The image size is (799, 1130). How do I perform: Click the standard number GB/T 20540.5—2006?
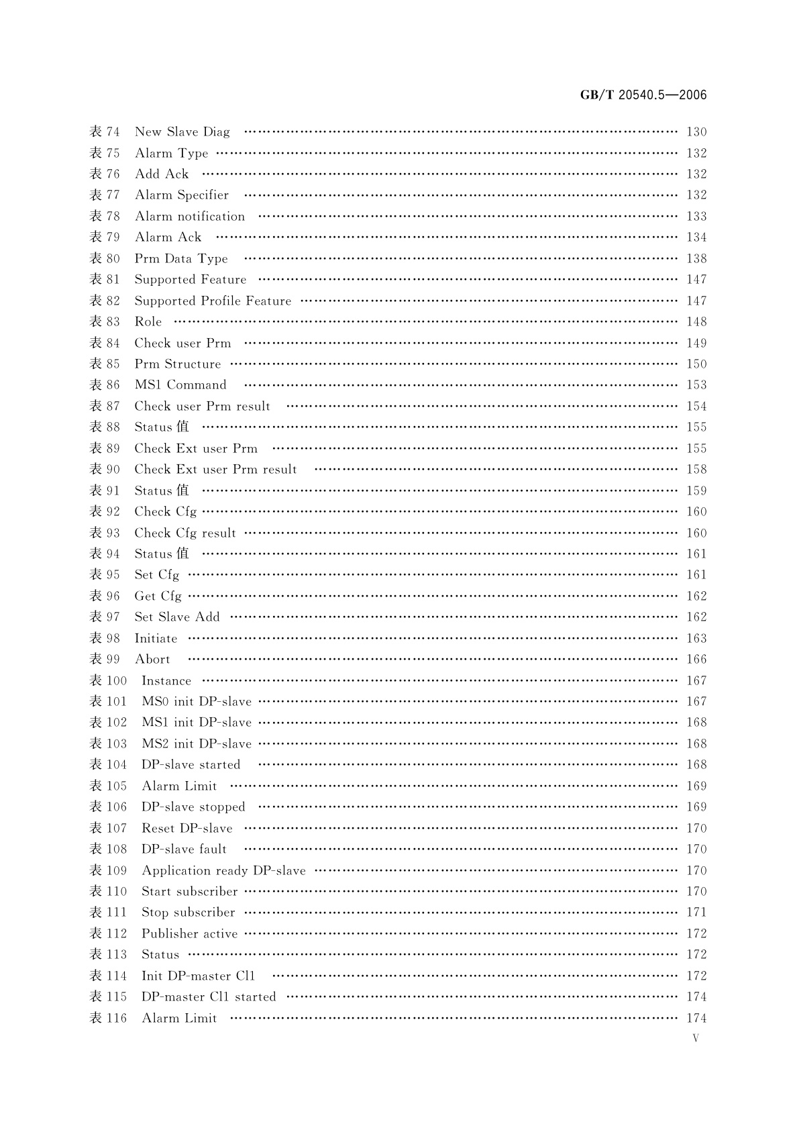pyautogui.click(x=643, y=95)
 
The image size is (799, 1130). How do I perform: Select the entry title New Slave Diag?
pyautogui.click(x=182, y=132)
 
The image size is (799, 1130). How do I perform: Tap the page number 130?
pyautogui.click(x=696, y=132)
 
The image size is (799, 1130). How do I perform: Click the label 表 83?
pyautogui.click(x=105, y=322)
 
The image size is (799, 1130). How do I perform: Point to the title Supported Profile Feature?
pyautogui.click(x=213, y=301)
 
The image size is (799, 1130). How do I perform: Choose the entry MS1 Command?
pyautogui.click(x=180, y=385)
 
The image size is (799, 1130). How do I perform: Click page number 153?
pyautogui.click(x=696, y=385)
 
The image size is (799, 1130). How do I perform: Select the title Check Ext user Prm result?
pyautogui.click(x=215, y=470)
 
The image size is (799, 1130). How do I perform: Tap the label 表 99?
pyautogui.click(x=105, y=660)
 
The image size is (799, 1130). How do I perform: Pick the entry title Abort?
pyautogui.click(x=152, y=660)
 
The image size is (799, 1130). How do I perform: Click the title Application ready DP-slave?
pyautogui.click(x=223, y=871)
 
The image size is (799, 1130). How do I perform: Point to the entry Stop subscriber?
pyautogui.click(x=188, y=913)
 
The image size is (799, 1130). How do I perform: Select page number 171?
pyautogui.click(x=696, y=913)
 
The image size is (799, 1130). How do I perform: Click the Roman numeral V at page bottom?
pyautogui.click(x=695, y=1038)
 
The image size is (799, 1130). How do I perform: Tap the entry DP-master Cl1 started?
pyautogui.click(x=209, y=997)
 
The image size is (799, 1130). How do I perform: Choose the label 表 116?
pyautogui.click(x=108, y=1019)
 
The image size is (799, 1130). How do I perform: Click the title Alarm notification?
pyautogui.click(x=190, y=217)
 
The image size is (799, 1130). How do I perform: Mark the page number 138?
pyautogui.click(x=696, y=259)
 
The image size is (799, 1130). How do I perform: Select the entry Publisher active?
pyautogui.click(x=189, y=934)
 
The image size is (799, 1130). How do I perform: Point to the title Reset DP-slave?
pyautogui.click(x=187, y=829)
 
